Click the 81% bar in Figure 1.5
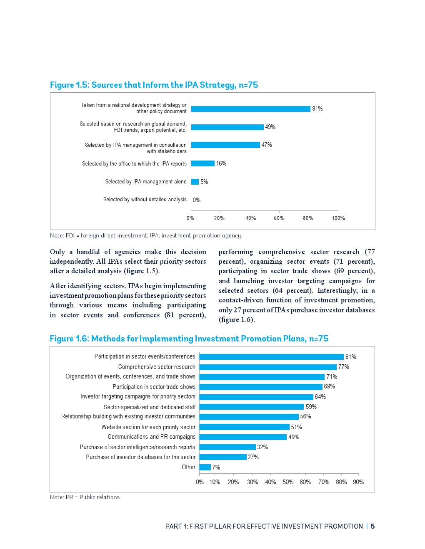pos(250,109)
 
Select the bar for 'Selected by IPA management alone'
pos(195,182)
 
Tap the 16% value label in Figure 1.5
pos(221,163)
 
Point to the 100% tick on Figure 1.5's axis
pos(338,218)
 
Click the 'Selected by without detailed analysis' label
pos(145,200)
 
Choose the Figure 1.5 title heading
pos(154,85)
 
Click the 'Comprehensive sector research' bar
pos(268,367)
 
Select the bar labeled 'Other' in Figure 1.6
pos(205,467)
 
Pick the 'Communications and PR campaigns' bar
pos(243,437)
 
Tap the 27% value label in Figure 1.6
pos(253,457)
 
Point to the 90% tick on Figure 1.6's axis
pos(358,482)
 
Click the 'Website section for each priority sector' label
pos(148,427)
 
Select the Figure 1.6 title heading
pos(189,339)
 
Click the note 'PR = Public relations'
pos(85,497)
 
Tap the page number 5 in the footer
pos(372,526)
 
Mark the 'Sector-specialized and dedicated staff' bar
pos(252,407)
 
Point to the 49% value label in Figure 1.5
pos(270,127)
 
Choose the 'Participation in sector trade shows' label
pos(154,387)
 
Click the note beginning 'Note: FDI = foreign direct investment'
pos(146,235)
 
